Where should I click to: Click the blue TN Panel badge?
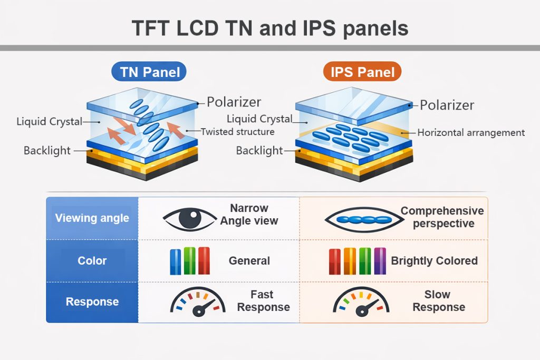click(x=149, y=72)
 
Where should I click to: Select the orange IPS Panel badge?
click(x=362, y=72)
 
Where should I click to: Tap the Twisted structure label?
click(x=237, y=132)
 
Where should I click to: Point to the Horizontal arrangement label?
click(x=471, y=132)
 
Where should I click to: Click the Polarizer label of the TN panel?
click(x=234, y=102)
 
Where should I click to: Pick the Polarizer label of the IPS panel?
click(x=447, y=105)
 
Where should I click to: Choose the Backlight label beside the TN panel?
click(x=47, y=151)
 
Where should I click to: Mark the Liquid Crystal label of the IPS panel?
click(x=259, y=119)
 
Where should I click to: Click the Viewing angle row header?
click(x=92, y=218)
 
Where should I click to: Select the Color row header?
click(x=92, y=260)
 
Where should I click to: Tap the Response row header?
click(x=92, y=302)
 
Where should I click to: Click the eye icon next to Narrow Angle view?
click(x=190, y=218)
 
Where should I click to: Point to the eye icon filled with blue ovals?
click(x=361, y=218)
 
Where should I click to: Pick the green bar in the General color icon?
click(x=190, y=260)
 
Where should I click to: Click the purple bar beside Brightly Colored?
click(x=380, y=260)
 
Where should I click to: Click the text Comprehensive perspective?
click(x=442, y=217)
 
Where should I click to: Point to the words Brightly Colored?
click(x=434, y=261)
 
